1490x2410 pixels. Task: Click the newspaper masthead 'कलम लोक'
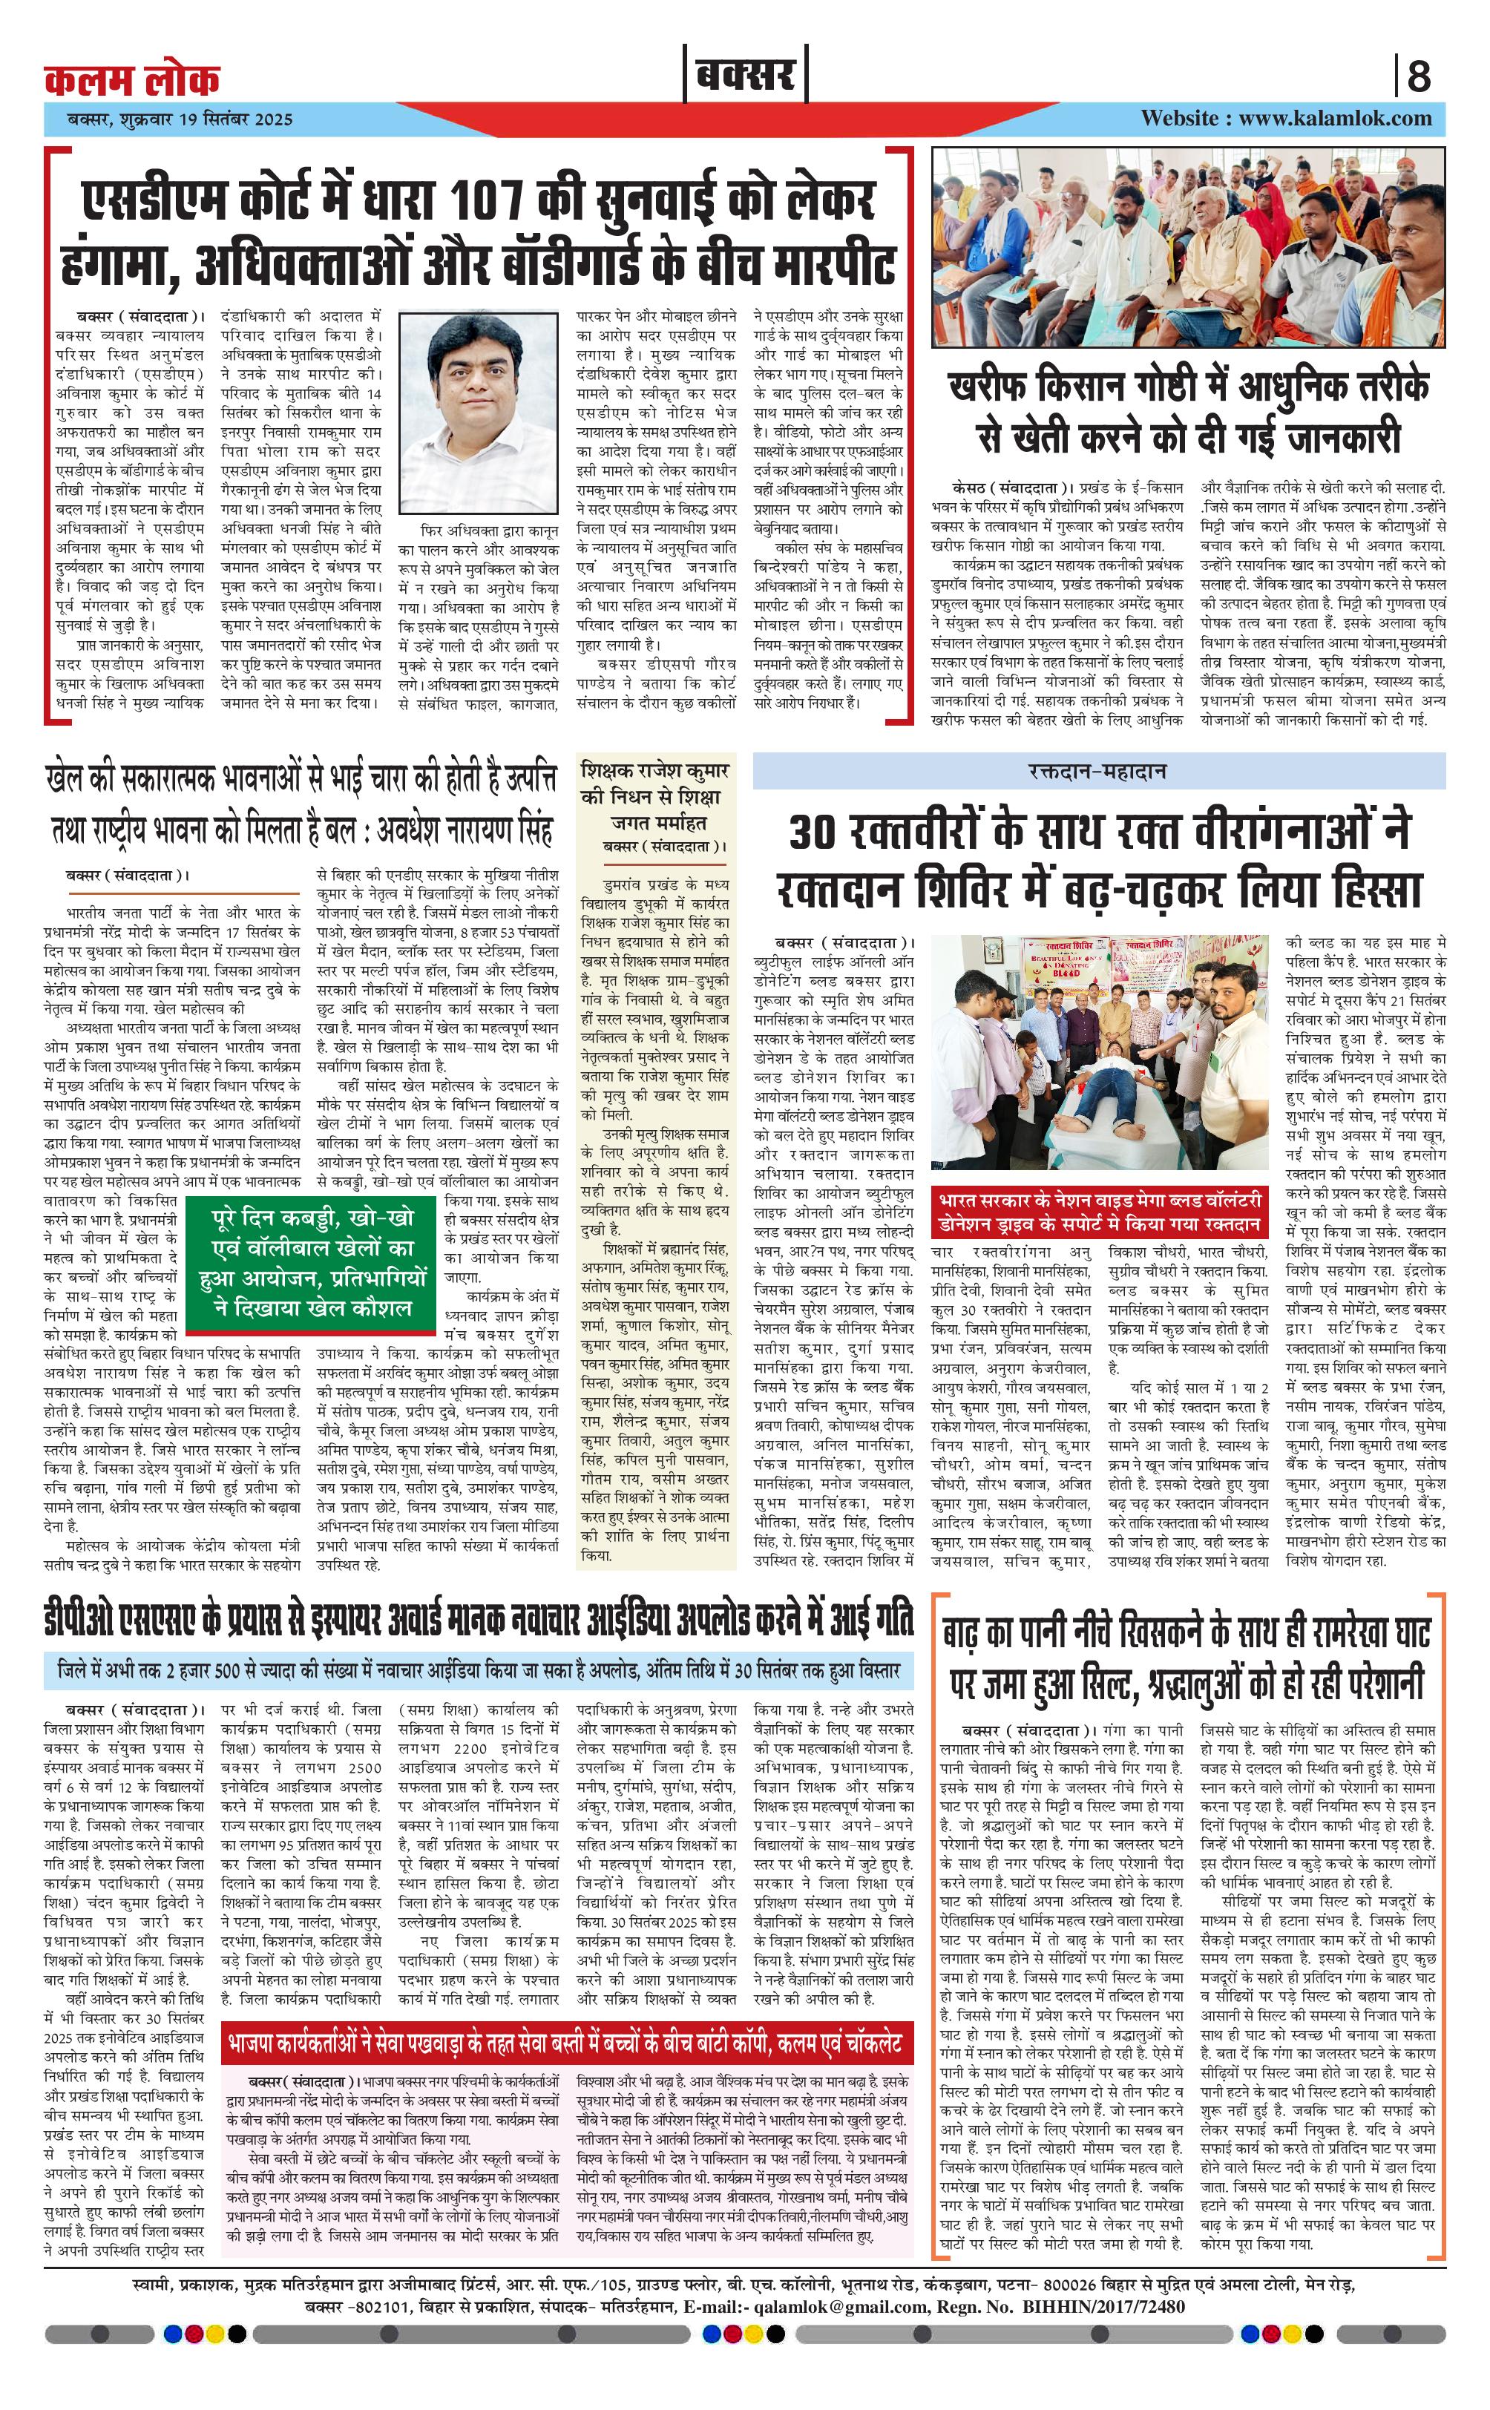(132, 79)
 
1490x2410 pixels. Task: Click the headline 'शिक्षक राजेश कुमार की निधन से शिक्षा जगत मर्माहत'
(654, 796)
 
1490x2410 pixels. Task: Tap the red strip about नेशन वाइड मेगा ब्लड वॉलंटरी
(1099, 1212)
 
